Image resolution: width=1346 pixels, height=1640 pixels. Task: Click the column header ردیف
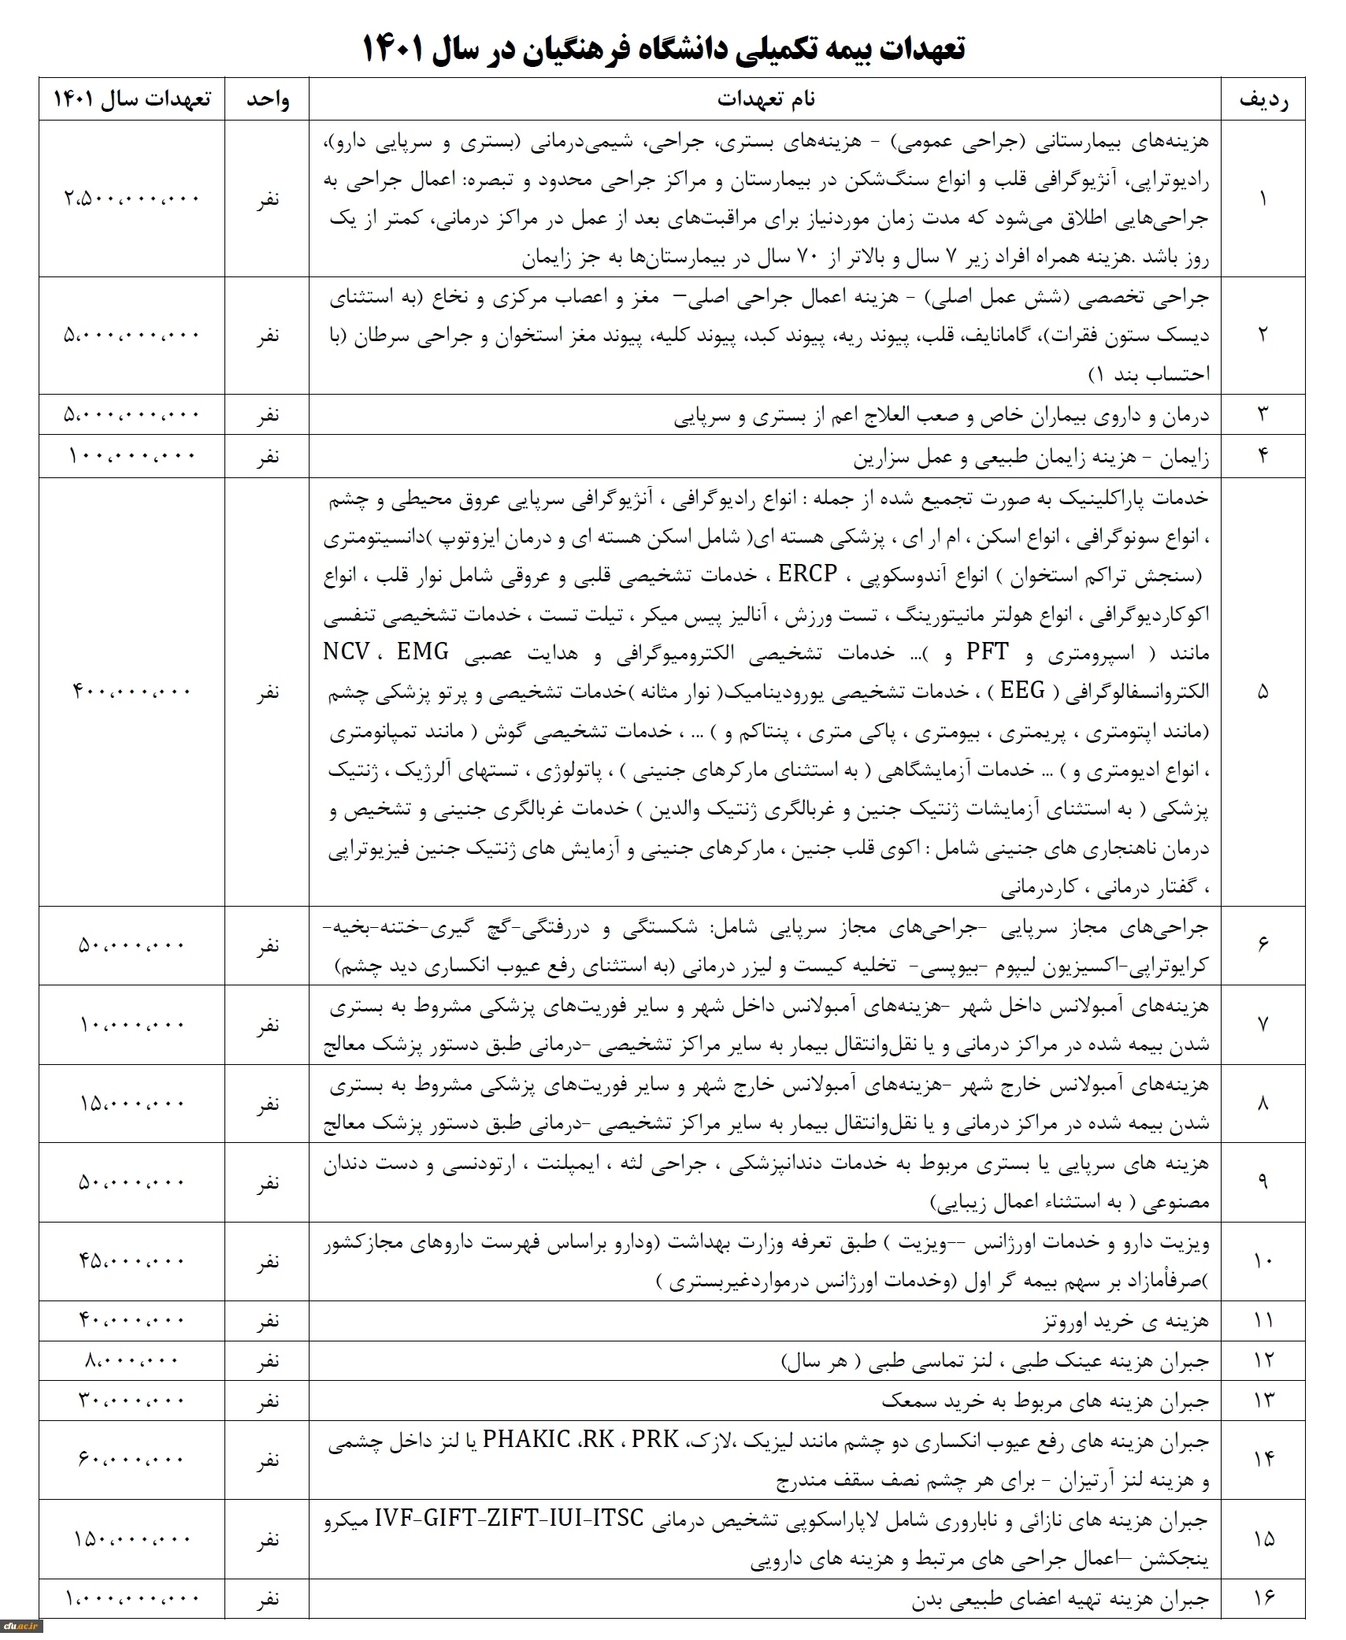coord(1263,100)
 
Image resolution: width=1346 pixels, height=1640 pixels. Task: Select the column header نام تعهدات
coord(766,99)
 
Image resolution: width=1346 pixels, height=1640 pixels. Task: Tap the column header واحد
coord(268,100)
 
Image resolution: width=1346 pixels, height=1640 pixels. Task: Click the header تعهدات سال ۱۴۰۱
coord(132,99)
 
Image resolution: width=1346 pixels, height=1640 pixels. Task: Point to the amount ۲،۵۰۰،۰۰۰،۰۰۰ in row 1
coord(132,199)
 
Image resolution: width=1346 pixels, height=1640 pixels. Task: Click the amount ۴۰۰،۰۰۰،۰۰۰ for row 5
coord(132,692)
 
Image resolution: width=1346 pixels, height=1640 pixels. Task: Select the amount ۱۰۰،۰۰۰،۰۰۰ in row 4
coord(132,456)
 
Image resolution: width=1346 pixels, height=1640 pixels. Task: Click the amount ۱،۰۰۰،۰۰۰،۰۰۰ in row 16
coord(132,1599)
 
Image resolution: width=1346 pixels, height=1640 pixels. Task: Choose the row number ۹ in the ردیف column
coord(1263,1182)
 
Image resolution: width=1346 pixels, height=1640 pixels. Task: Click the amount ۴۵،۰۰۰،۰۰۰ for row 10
coord(132,1261)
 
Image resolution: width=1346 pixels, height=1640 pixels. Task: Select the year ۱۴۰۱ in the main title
coord(392,49)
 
